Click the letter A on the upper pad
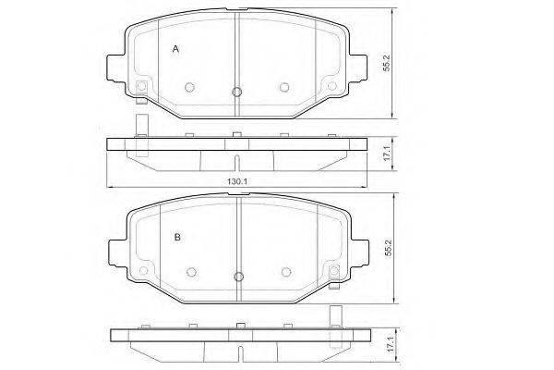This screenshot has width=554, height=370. pos(175,49)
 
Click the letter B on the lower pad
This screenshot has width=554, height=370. pos(177,237)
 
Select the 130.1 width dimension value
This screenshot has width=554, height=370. pos(236,181)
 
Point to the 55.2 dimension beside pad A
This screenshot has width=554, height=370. pos(387,63)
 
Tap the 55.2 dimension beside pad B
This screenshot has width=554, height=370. pos(389,248)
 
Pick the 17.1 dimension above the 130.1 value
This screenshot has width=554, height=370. pos(387,153)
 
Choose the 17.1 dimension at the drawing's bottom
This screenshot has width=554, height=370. pos(390,344)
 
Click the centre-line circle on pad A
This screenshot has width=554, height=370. pos(237,92)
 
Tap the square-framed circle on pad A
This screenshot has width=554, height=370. pos(141,86)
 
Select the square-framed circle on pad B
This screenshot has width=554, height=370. pos(334,271)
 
